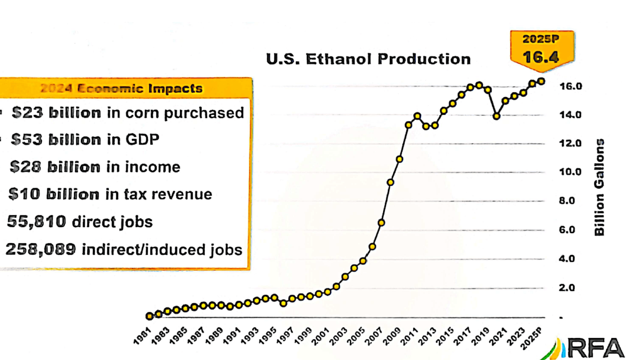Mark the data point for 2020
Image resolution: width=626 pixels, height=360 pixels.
pyautogui.click(x=497, y=116)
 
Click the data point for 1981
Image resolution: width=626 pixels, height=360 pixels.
pyautogui.click(x=149, y=316)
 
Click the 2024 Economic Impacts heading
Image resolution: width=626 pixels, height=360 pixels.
pyautogui.click(x=122, y=89)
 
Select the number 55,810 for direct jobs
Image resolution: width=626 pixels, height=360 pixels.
pyautogui.click(x=36, y=221)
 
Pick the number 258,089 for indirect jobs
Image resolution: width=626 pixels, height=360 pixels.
pyautogui.click(x=41, y=248)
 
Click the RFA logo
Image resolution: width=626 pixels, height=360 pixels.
pyautogui.click(x=586, y=348)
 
